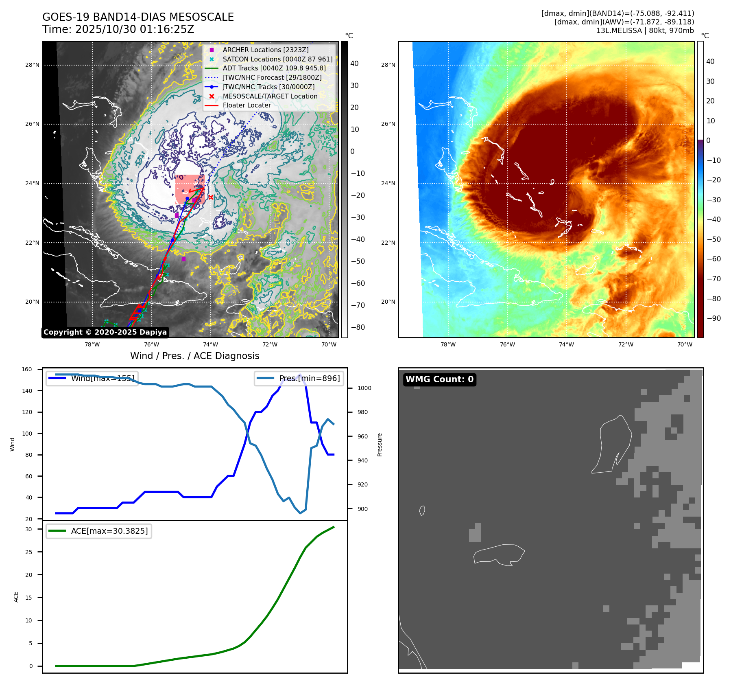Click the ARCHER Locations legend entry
click(x=265, y=50)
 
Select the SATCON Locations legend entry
click(x=277, y=59)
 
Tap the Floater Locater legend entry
click(x=247, y=105)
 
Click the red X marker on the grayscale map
click(x=211, y=197)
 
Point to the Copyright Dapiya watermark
click(x=105, y=332)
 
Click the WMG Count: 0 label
click(x=439, y=379)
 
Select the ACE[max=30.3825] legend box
click(x=99, y=531)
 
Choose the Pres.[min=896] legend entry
click(x=299, y=378)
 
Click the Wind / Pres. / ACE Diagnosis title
click(x=194, y=356)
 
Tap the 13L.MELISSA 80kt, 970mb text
click(x=645, y=31)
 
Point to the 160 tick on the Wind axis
click(x=27, y=370)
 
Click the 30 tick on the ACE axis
click(x=28, y=529)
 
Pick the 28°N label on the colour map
click(x=388, y=65)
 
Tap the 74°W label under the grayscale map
click(x=211, y=345)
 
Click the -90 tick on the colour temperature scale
click(x=713, y=318)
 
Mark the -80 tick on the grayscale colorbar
click(x=358, y=327)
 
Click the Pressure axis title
click(x=380, y=445)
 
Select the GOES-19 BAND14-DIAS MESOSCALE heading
click(x=138, y=17)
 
